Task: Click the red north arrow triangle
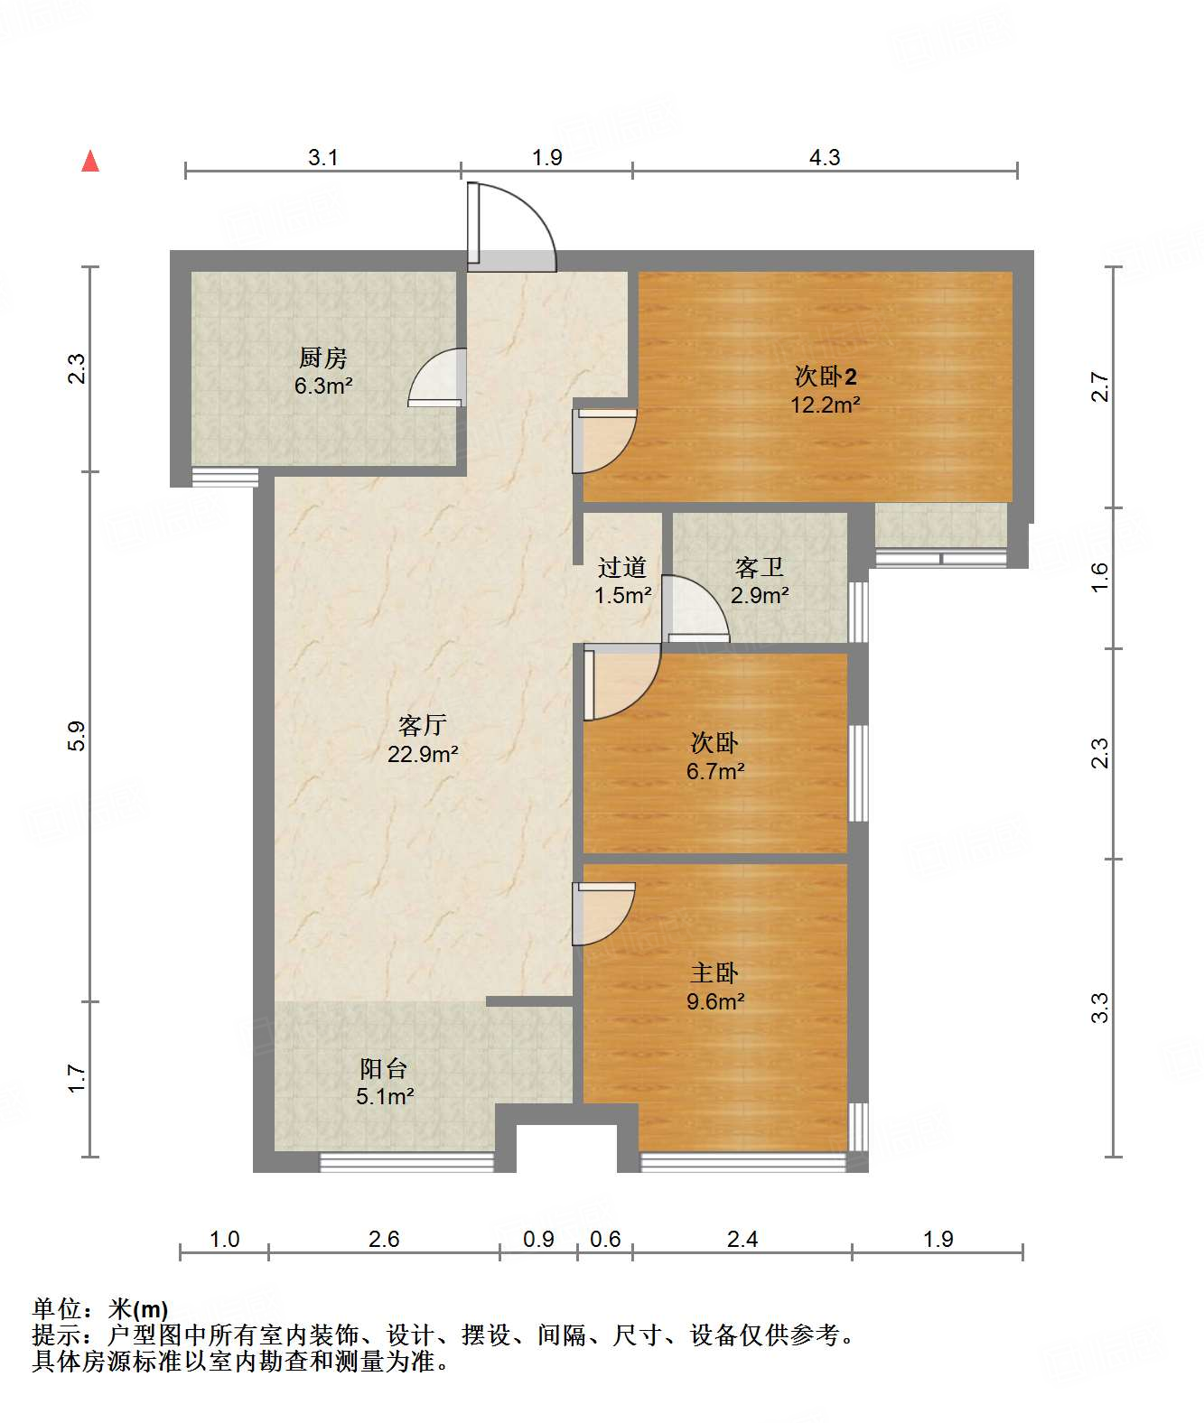(x=90, y=161)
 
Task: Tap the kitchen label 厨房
(x=323, y=358)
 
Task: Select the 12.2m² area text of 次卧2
(x=825, y=405)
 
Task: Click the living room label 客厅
(x=422, y=725)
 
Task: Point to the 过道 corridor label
(x=622, y=567)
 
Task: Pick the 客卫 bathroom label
(x=759, y=567)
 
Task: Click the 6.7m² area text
(x=715, y=771)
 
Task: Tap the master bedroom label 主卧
(x=714, y=972)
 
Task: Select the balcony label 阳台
(x=384, y=1068)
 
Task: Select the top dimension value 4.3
(x=825, y=158)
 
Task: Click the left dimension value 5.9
(x=77, y=735)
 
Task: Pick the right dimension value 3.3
(x=1100, y=1008)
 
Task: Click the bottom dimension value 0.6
(x=605, y=1239)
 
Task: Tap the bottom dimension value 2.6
(x=384, y=1239)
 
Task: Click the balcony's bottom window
(x=407, y=1163)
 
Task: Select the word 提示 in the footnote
(x=57, y=1335)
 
